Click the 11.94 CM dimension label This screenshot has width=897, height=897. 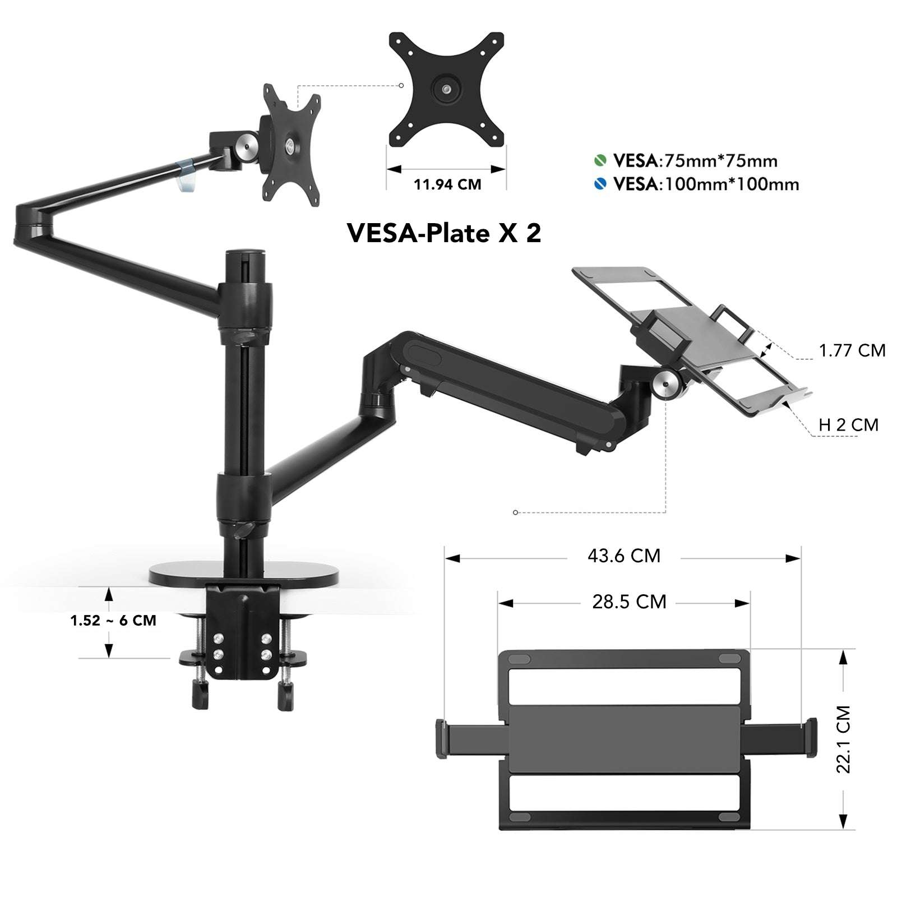click(447, 184)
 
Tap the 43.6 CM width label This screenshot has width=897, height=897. click(623, 556)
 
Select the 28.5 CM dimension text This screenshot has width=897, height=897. click(629, 602)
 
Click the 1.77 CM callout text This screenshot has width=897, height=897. click(852, 350)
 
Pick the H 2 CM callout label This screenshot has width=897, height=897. click(848, 424)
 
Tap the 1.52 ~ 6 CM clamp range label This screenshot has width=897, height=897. click(113, 621)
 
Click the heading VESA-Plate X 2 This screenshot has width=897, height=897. click(444, 233)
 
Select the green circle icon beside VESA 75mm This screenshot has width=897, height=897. click(600, 160)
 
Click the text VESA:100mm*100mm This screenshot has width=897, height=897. click(706, 184)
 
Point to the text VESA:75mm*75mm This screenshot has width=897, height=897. click(695, 161)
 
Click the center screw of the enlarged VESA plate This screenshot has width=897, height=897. click(446, 89)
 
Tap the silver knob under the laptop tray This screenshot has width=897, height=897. click(667, 386)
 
